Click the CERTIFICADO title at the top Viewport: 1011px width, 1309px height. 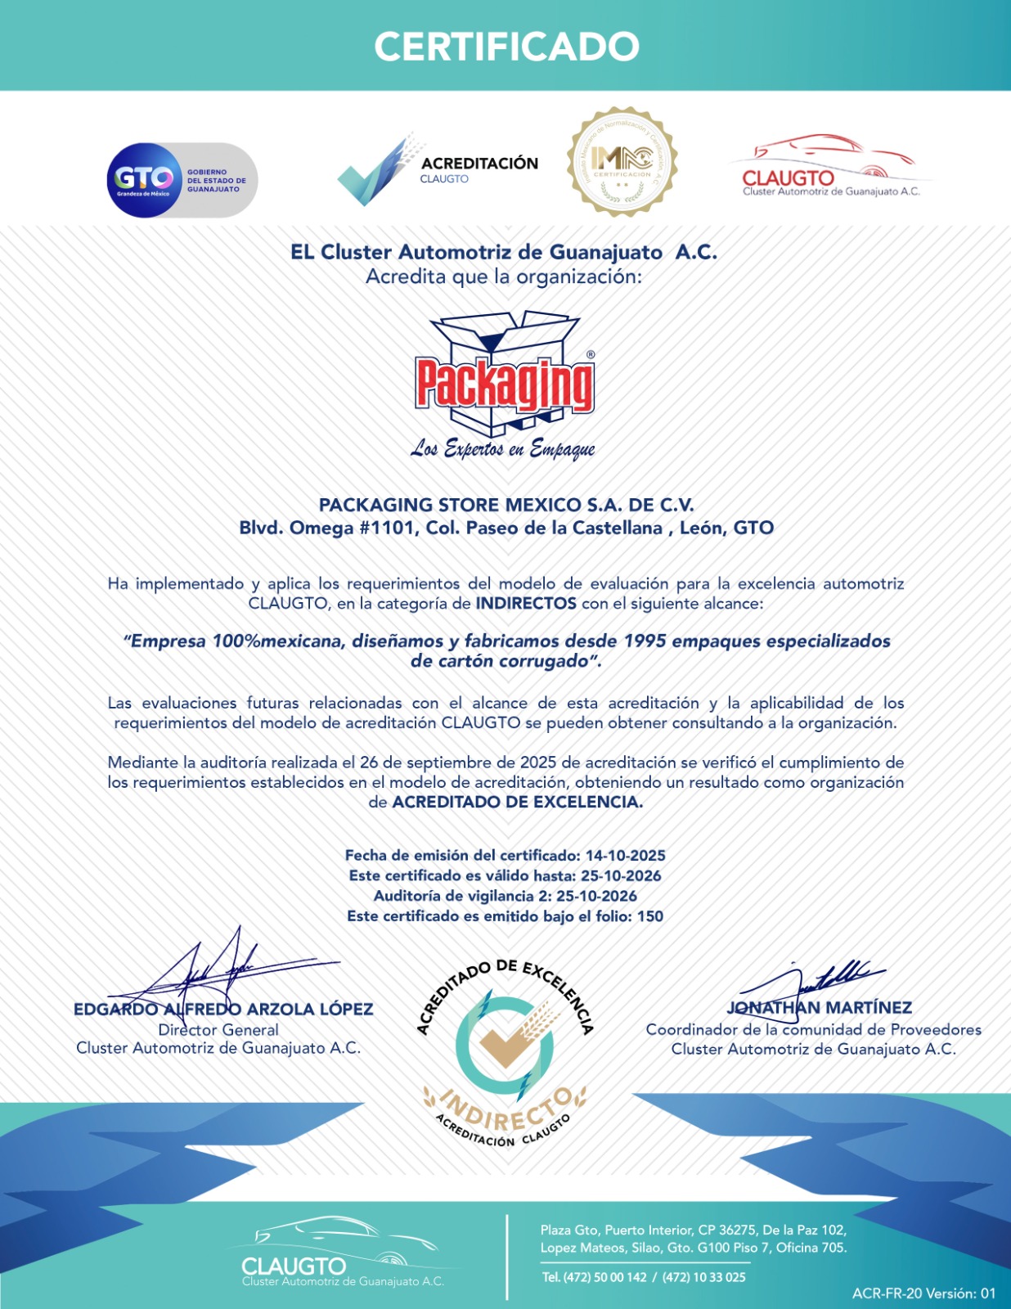coord(506,47)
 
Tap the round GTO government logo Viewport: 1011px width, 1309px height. coord(143,180)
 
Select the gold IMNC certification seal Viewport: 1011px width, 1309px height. coord(622,161)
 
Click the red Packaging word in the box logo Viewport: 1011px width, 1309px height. coord(504,383)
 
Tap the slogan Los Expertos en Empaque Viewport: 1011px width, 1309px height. coord(503,448)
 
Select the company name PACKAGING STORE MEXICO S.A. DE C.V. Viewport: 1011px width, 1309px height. coord(506,505)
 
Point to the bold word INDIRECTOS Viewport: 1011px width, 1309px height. coord(526,604)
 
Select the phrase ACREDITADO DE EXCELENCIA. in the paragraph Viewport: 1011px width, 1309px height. coord(517,802)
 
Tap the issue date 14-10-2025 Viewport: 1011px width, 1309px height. coord(625,856)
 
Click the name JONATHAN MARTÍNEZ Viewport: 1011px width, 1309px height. coord(819,1007)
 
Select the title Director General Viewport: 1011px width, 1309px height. coord(218,1030)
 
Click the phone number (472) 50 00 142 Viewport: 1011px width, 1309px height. coord(604,1277)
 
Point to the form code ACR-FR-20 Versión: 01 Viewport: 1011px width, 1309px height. coord(923,1293)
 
